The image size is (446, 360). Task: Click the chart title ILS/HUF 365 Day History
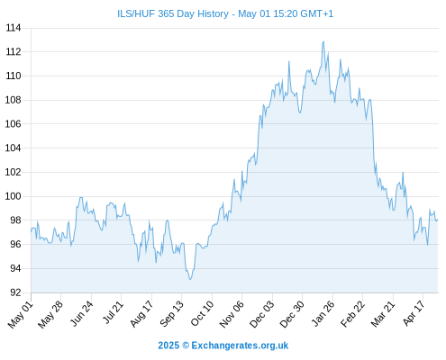pyautogui.click(x=173, y=13)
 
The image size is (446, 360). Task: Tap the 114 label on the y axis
pyautogui.click(x=14, y=28)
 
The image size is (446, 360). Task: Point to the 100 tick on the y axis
pyautogui.click(x=14, y=196)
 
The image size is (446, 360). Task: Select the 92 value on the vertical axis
pyautogui.click(x=15, y=292)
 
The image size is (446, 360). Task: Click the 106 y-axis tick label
pyautogui.click(x=14, y=124)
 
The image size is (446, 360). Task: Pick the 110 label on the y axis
pyautogui.click(x=14, y=76)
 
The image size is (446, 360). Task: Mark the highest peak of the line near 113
pyautogui.click(x=323, y=41)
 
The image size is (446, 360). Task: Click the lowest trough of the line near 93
pyautogui.click(x=190, y=280)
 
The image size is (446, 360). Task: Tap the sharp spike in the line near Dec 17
pyautogui.click(x=289, y=61)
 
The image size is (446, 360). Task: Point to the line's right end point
pyautogui.click(x=438, y=220)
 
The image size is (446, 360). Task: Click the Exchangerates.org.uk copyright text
pyautogui.click(x=223, y=346)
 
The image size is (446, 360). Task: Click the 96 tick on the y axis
pyautogui.click(x=15, y=244)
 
